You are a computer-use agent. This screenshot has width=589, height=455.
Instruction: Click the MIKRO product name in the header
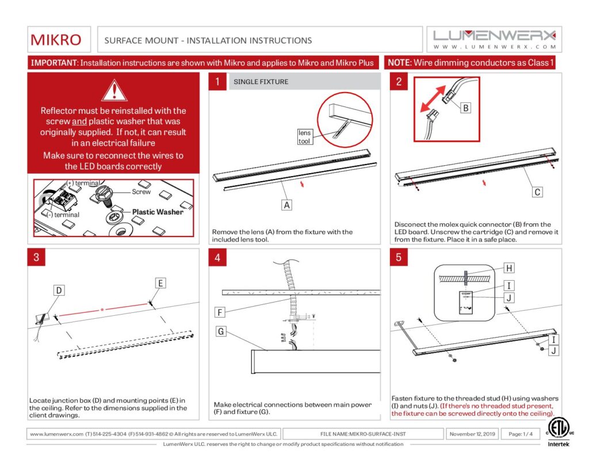point(56,40)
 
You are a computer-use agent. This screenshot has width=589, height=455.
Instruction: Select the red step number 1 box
point(217,82)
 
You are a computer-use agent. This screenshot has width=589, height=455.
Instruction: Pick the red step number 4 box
point(217,257)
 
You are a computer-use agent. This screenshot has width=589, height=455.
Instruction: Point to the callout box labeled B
point(466,108)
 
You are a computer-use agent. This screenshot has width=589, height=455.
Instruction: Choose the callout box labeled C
point(537,192)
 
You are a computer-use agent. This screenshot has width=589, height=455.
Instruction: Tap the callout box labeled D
point(59,291)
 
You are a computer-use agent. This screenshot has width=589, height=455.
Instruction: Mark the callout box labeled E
point(160,282)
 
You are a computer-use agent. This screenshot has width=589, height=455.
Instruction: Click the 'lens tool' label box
point(304,136)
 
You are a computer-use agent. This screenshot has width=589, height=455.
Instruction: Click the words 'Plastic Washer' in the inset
point(158,212)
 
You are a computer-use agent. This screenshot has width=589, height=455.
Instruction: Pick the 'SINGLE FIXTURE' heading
point(261,82)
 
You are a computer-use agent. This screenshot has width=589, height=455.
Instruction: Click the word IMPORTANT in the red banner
point(53,63)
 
